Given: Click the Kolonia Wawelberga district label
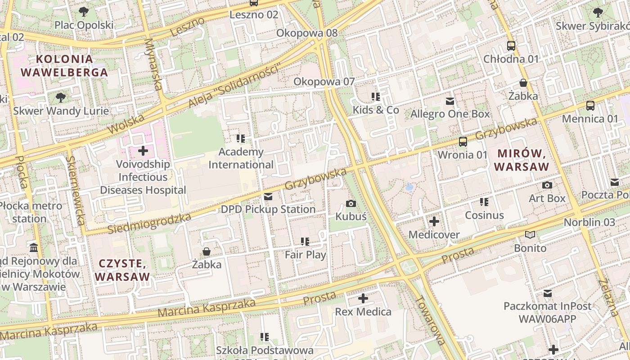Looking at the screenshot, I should click(x=64, y=66).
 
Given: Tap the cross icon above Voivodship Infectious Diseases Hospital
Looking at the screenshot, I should click(x=143, y=151).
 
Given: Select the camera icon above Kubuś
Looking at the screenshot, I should click(x=351, y=204).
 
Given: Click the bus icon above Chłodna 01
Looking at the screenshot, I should click(x=511, y=46).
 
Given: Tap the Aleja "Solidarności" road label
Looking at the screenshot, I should click(x=234, y=85).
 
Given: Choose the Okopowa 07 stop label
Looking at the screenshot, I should click(x=324, y=81).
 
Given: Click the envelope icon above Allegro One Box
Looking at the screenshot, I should click(x=450, y=101).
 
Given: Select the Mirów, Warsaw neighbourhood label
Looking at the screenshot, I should click(x=522, y=160).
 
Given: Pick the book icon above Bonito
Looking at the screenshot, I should click(x=530, y=235).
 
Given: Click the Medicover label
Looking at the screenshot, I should click(x=434, y=235).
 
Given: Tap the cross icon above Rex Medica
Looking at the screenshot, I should click(x=363, y=298).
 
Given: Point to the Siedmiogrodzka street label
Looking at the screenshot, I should click(x=149, y=224).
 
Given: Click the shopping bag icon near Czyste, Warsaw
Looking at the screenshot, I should click(x=207, y=252).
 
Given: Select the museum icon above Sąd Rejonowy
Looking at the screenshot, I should click(x=34, y=248).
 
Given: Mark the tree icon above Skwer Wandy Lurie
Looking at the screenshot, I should click(x=60, y=98).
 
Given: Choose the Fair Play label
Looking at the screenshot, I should click(x=306, y=255).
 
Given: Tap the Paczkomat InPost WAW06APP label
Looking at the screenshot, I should click(x=547, y=313).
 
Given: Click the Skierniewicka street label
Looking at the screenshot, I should click(x=75, y=190).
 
